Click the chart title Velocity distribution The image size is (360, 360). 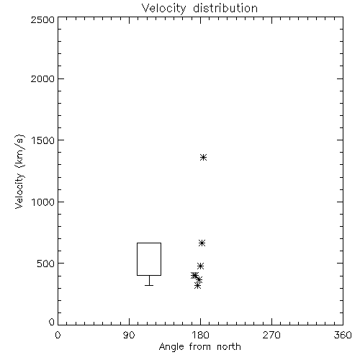tap(199, 9)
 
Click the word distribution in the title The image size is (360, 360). tap(225, 8)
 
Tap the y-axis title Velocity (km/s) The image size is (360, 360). tap(19, 171)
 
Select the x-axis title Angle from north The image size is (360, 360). tap(199, 347)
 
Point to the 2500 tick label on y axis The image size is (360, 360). tap(42, 19)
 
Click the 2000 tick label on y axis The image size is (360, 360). tap(42, 78)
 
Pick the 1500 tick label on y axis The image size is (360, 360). tap(43, 140)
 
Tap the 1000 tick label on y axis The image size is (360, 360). tap(43, 202)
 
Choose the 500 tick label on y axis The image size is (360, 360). tap(46, 264)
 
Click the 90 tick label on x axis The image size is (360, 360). tap(129, 335)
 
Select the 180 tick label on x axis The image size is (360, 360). tap(200, 335)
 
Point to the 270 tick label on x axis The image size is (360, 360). tap(271, 335)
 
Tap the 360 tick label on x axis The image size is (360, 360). tap(343, 335)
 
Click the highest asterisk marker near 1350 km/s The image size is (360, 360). tap(204, 158)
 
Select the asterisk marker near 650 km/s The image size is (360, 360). tap(202, 243)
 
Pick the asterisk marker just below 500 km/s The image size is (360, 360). tap(200, 266)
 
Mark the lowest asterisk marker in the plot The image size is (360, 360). tap(197, 286)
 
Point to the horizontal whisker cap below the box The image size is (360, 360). tap(149, 285)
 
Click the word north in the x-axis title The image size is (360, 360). tap(229, 347)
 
